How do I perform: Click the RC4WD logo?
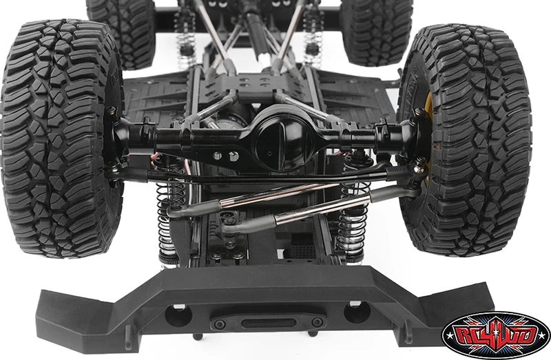point(496,335)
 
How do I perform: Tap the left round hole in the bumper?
point(178,315)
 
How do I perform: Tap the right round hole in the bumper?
point(357,312)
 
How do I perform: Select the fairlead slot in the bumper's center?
point(269,322)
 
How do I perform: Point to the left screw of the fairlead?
point(220,324)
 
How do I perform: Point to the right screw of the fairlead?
point(318,321)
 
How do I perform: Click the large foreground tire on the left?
point(62,139)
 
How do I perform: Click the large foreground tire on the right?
point(468,140)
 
